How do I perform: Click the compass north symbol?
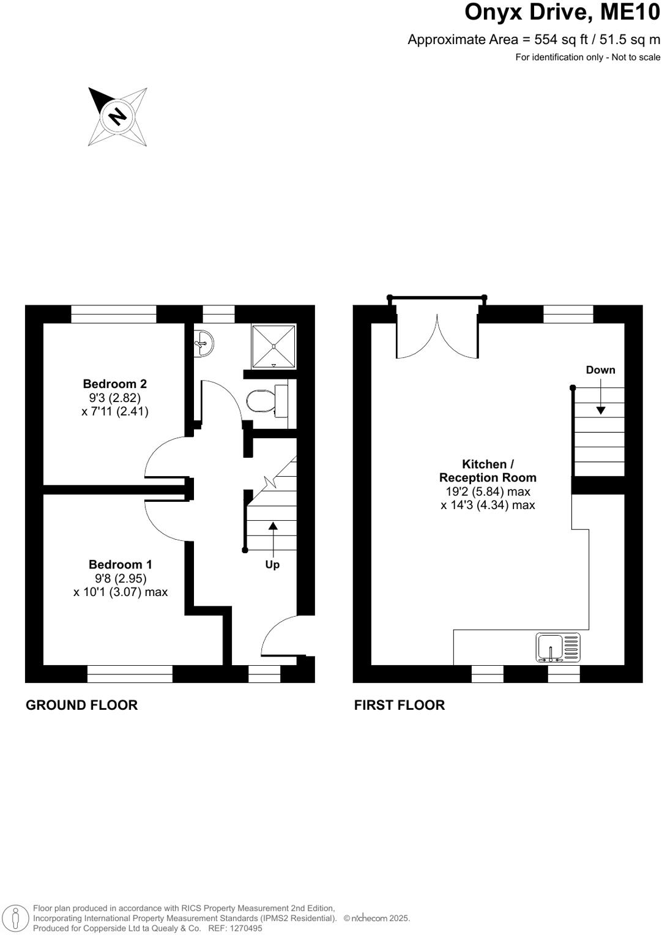[117, 116]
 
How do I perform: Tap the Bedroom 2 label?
[114, 384]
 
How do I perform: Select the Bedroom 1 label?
[120, 564]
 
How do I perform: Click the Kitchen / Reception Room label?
[488, 471]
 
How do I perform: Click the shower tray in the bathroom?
[273, 346]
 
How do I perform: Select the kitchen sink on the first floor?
[557, 648]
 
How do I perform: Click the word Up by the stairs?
[272, 564]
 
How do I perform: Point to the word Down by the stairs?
[600, 370]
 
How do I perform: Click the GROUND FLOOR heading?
[81, 705]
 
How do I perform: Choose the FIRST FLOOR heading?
[399, 705]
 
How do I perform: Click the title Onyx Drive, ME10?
[562, 12]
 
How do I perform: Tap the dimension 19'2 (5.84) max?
[488, 491]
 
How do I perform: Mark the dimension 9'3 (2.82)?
[114, 398]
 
